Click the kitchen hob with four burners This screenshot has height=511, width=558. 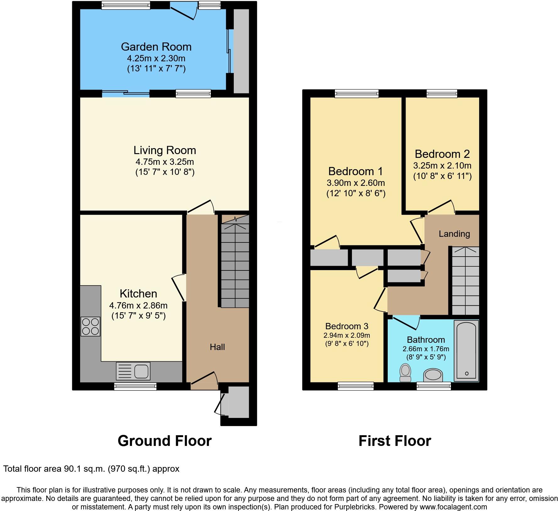90,326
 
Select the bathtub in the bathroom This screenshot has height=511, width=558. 467,350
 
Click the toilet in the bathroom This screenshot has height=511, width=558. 405,372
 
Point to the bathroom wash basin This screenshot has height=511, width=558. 433,375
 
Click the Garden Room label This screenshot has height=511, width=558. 156,47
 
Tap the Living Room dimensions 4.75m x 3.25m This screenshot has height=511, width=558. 165,162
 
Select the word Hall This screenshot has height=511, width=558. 217,347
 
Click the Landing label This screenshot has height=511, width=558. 454,234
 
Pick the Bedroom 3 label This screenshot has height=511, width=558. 347,326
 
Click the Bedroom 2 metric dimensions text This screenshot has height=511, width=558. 442,166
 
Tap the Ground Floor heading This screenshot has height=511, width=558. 164,441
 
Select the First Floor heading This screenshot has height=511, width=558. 395,441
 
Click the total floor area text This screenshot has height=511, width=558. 91,469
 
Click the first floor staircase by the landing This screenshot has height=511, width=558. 466,281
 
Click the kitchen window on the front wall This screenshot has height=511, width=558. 135,386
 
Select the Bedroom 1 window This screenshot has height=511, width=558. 357,93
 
